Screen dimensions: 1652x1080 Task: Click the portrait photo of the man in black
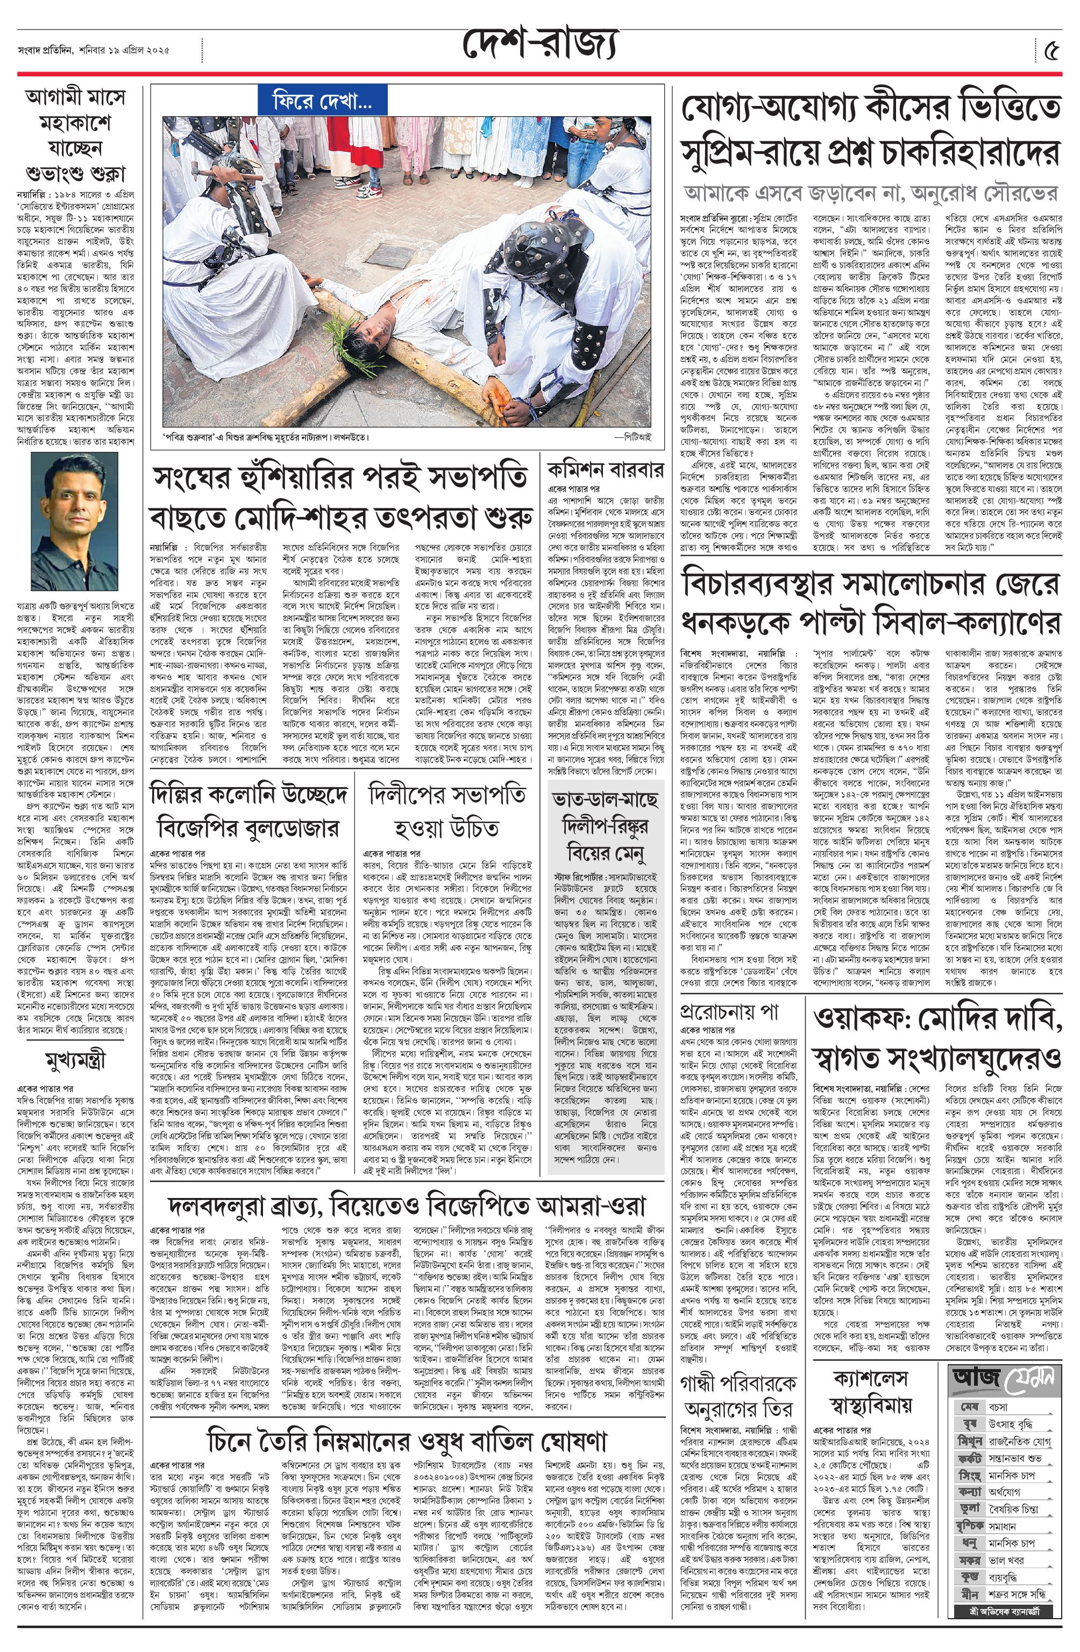[74, 521]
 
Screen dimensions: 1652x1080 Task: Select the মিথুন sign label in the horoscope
[970, 1441]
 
